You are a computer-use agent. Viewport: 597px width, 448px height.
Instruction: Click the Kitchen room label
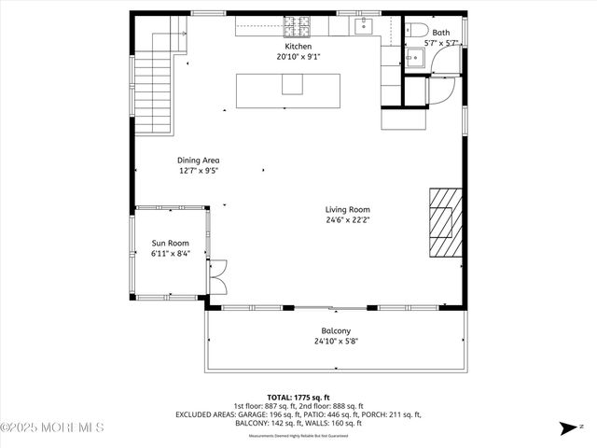point(298,46)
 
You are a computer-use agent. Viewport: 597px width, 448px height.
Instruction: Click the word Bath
point(440,32)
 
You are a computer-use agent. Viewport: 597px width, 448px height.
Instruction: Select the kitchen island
point(287,89)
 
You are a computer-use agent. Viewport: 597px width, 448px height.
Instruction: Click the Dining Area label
point(199,160)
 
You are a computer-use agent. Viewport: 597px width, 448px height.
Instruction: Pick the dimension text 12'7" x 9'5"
point(199,171)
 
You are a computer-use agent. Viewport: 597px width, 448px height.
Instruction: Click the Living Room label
point(348,209)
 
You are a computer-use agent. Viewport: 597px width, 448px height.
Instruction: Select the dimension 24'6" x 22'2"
point(348,220)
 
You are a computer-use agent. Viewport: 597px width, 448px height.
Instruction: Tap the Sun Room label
point(171,243)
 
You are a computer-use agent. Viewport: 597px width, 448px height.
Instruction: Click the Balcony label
point(336,330)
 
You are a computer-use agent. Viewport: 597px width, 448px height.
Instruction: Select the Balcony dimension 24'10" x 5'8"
point(336,342)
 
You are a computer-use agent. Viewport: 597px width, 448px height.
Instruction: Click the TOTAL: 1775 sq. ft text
point(298,397)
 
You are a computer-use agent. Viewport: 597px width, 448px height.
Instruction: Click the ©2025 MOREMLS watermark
point(52,427)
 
